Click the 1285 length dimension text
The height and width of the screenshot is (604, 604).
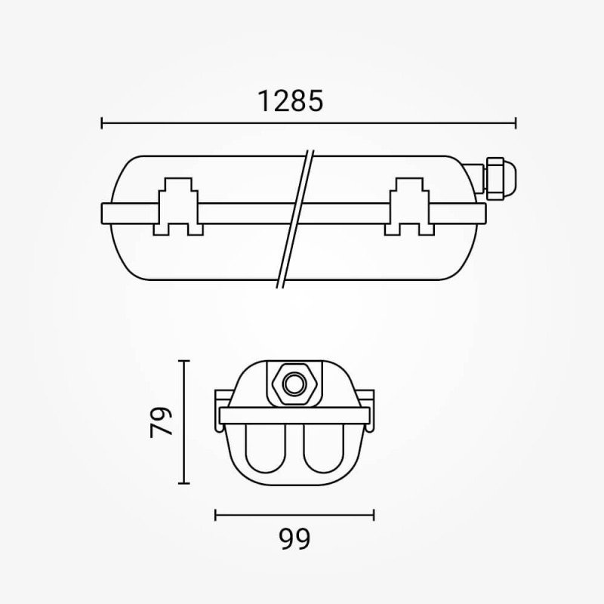tap(290, 101)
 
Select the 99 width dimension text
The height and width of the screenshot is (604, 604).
tap(294, 539)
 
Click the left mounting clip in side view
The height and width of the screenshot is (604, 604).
tap(178, 206)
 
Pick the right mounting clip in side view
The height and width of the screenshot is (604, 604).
tap(409, 206)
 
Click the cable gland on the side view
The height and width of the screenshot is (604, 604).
tap(499, 178)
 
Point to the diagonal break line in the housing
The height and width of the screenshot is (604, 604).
tap(295, 219)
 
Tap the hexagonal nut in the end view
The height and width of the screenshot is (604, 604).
tap(294, 384)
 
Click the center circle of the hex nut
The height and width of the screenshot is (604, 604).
tap(294, 384)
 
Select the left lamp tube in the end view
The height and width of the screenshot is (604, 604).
tap(266, 449)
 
